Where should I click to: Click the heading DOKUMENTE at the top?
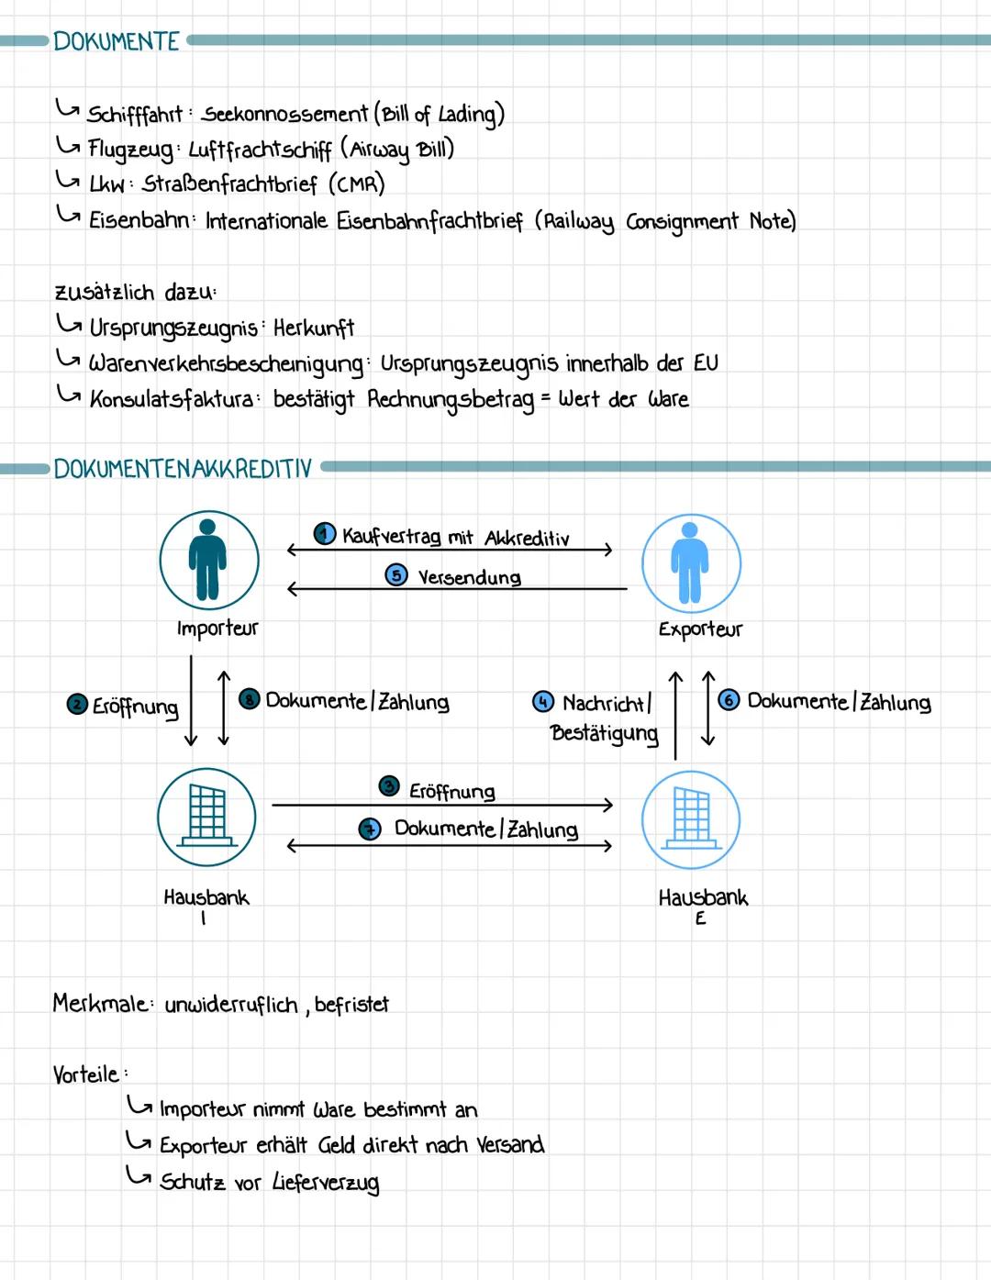click(x=117, y=41)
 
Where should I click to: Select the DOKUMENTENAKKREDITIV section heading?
click(x=183, y=469)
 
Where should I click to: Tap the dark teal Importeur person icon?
click(x=208, y=560)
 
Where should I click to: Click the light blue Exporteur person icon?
click(x=690, y=562)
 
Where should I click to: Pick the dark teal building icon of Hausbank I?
click(x=206, y=816)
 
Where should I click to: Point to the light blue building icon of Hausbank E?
click(x=690, y=818)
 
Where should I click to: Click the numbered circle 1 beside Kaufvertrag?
click(x=324, y=534)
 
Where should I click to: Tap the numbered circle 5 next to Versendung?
click(x=395, y=575)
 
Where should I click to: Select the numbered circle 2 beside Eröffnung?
click(x=77, y=705)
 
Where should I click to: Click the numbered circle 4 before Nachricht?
click(x=543, y=702)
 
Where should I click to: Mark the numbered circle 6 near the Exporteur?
click(x=729, y=700)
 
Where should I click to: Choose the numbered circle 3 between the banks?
click(x=389, y=787)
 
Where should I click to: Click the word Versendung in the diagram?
click(x=469, y=577)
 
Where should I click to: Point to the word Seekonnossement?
click(x=284, y=114)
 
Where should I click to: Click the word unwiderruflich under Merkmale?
click(x=231, y=1006)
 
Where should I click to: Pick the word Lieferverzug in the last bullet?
click(x=325, y=1183)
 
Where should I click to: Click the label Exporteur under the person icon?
click(x=699, y=629)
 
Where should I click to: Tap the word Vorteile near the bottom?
click(x=86, y=1074)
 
